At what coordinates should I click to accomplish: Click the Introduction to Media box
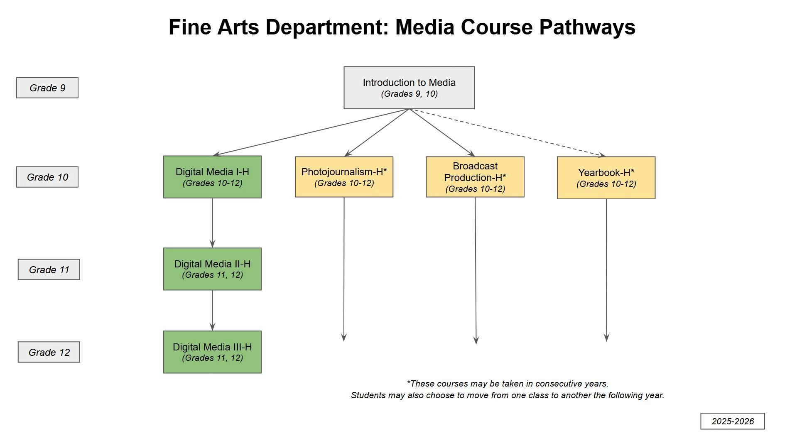(x=409, y=88)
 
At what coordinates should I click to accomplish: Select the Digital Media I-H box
(x=212, y=177)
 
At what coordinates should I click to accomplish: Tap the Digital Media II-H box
(x=212, y=269)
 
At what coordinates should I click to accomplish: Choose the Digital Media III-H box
(x=212, y=352)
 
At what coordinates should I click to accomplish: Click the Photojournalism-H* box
(x=344, y=177)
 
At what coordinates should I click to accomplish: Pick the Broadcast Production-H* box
(x=475, y=177)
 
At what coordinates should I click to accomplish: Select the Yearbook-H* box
(x=606, y=178)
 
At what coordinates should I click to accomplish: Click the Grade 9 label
(x=47, y=88)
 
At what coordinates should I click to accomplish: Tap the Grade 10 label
(x=47, y=177)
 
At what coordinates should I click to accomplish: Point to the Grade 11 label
(x=49, y=269)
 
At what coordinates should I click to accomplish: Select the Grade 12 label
(x=49, y=352)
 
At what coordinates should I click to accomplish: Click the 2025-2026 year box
(x=732, y=421)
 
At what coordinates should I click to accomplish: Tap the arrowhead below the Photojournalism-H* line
(x=343, y=337)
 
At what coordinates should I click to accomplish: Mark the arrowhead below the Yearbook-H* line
(x=606, y=338)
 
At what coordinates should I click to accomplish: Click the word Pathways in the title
(x=587, y=27)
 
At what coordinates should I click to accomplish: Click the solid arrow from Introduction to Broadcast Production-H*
(x=442, y=132)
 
